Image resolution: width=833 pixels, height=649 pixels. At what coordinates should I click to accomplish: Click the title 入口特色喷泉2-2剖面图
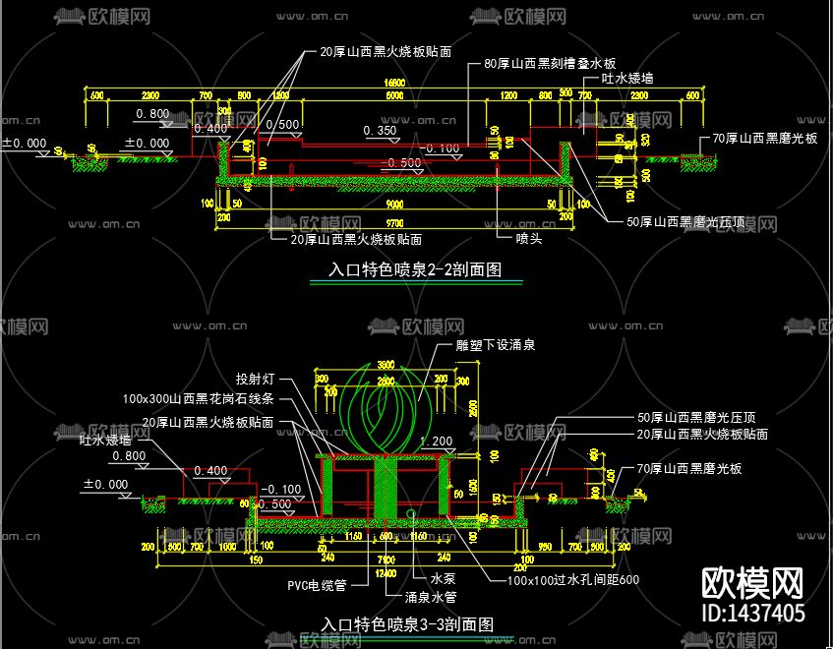point(415,269)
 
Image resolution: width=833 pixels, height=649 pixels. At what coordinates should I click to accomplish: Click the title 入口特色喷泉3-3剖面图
point(407,624)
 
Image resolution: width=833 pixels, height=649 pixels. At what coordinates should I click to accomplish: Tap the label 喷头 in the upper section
point(529,238)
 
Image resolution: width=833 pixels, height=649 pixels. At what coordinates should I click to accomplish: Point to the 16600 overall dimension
point(394,82)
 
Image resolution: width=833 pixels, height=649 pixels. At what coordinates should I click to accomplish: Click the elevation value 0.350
point(380,130)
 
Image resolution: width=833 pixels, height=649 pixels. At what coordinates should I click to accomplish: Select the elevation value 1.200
point(436,441)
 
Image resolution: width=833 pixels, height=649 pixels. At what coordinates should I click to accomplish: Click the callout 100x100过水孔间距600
point(573,580)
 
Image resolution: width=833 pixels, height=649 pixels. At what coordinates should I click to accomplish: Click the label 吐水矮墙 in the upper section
point(627,78)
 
